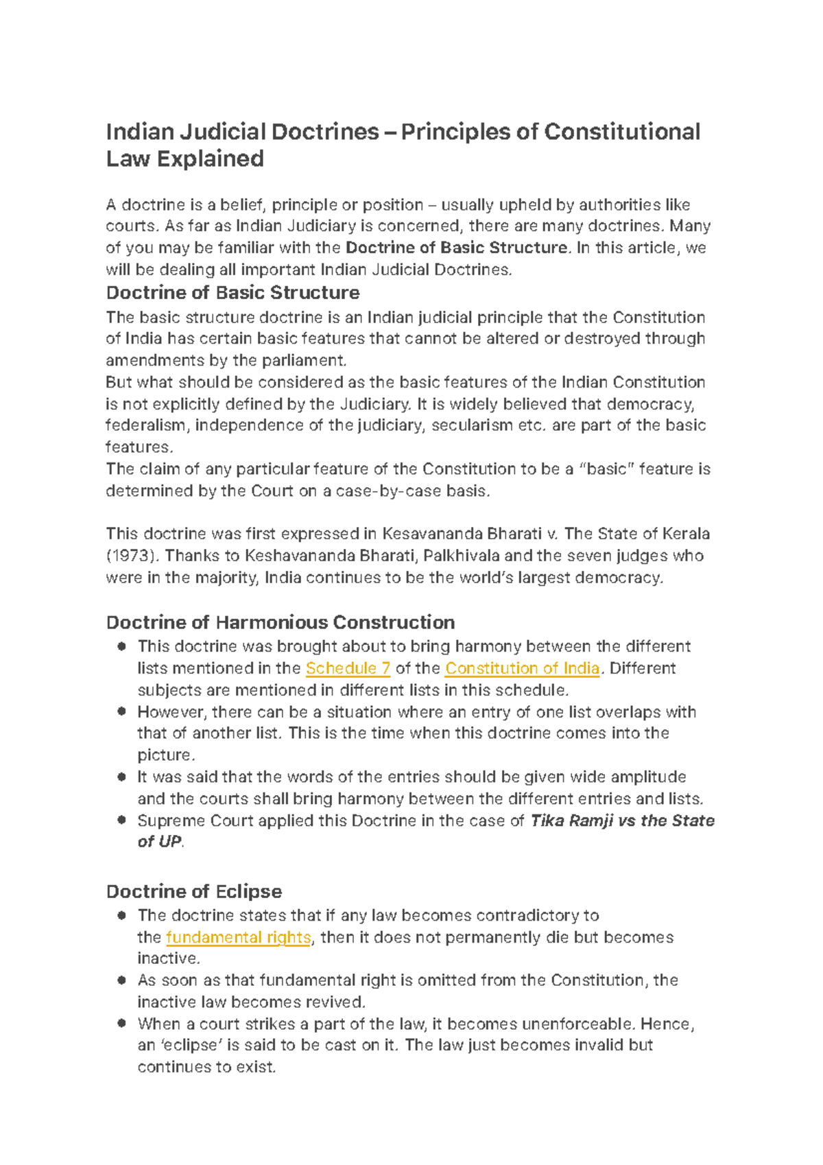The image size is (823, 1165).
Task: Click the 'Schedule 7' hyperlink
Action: [348, 668]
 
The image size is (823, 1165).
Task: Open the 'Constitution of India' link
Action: [523, 668]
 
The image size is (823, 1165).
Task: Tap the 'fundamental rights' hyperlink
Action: [238, 937]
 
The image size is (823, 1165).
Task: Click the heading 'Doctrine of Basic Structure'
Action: [232, 293]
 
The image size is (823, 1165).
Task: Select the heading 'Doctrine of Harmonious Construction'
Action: [280, 622]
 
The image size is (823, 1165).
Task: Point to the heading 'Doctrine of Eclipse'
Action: [193, 891]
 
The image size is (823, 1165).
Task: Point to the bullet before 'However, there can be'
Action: [121, 711]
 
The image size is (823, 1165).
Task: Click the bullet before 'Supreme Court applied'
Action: [121, 820]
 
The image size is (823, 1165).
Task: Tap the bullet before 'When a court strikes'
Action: [121, 1023]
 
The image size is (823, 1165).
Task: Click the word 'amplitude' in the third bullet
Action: [648, 777]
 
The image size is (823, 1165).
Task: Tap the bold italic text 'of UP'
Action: [159, 842]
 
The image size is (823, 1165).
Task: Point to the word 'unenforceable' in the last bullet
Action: [577, 1024]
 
